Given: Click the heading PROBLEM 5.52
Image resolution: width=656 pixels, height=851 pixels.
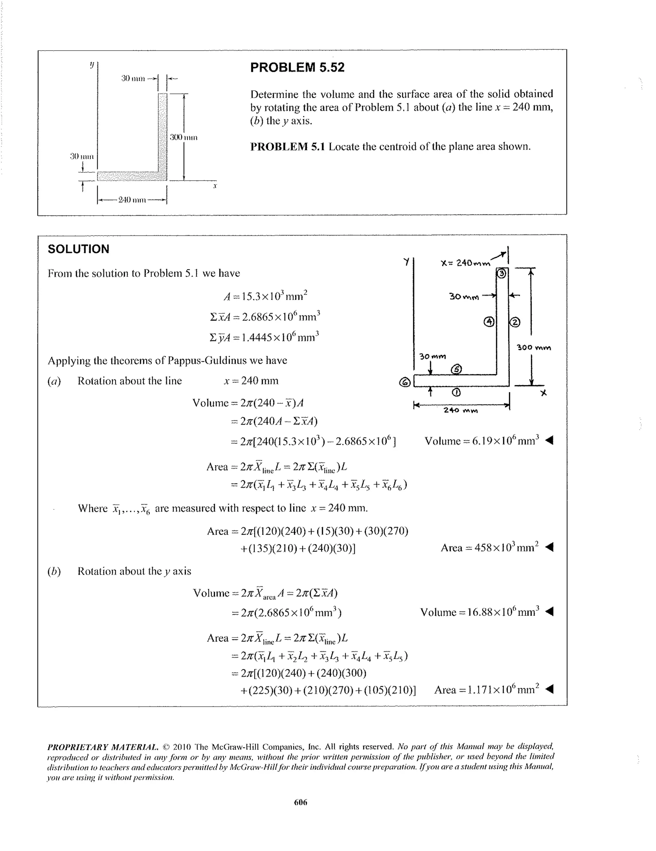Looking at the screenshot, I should (297, 68).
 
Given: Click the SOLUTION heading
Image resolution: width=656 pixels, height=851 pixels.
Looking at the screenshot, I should (78, 249).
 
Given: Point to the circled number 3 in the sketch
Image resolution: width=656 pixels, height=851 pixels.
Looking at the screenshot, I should (502, 274).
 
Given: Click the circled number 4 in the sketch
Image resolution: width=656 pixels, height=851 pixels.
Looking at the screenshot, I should (489, 322).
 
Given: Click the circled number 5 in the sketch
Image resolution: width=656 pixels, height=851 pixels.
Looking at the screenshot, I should (456, 369).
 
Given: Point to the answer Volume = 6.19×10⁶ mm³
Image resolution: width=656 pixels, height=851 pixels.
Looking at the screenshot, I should (482, 441).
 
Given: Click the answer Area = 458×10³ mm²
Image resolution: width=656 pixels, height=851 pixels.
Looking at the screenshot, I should (489, 548).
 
